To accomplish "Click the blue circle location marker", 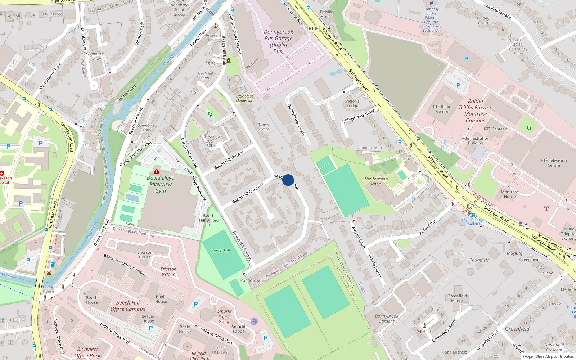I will [288, 180].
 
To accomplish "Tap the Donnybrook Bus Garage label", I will [278, 41].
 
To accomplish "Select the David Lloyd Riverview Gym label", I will [161, 184].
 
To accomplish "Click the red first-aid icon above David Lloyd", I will [156, 171].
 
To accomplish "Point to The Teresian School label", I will [376, 181].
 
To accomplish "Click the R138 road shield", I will [314, 28].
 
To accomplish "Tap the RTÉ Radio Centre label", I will [442, 109].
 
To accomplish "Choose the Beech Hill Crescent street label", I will [248, 193].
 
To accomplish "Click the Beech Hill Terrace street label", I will [229, 160].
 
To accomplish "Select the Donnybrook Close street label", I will [358, 116].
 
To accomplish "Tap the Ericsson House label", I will [145, 255].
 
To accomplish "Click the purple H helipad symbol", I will [254, 321].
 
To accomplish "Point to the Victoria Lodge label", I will [352, 104].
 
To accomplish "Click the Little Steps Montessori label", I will [245, 98].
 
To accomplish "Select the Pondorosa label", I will [250, 280].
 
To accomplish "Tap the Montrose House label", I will [510, 194].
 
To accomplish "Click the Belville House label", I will [327, 14].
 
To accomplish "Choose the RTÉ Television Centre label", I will [554, 163].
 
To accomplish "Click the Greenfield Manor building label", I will [457, 298].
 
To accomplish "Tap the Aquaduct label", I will [425, 330].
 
